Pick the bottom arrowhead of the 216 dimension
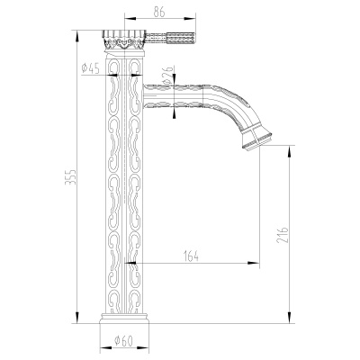[287, 319]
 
